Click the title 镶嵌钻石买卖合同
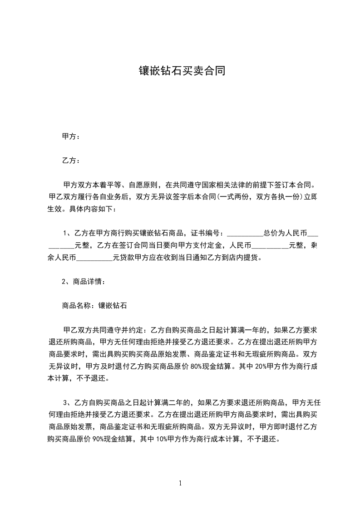click(182, 71)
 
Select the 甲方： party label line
click(71, 136)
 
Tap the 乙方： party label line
click(71, 161)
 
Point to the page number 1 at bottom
click(181, 483)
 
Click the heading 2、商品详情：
click(84, 282)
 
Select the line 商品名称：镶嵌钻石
click(94, 306)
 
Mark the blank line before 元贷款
click(95, 259)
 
